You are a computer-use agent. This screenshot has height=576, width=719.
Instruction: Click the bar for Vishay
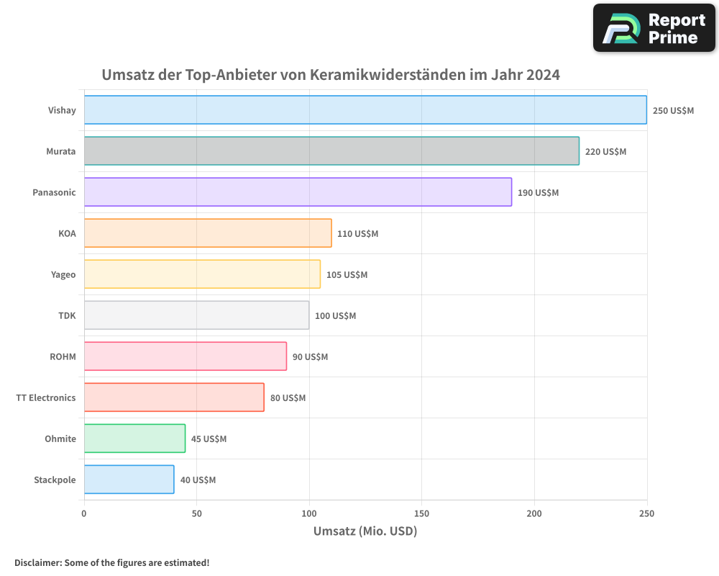(x=365, y=109)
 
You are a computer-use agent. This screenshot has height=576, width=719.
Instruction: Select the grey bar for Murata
(x=331, y=151)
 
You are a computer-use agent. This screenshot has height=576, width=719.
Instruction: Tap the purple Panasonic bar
(x=298, y=192)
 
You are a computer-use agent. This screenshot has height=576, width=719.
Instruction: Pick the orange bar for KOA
(x=208, y=233)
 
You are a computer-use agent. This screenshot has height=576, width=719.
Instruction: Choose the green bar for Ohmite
(x=134, y=438)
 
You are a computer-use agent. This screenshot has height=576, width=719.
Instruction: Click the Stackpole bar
(x=129, y=480)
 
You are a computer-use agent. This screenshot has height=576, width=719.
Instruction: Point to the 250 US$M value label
(x=673, y=111)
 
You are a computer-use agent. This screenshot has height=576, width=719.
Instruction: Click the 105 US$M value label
(x=347, y=275)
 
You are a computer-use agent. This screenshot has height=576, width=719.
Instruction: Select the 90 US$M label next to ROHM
(x=310, y=357)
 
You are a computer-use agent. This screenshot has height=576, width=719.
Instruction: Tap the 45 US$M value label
(x=209, y=439)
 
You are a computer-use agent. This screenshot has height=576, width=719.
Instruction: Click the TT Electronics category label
(x=45, y=397)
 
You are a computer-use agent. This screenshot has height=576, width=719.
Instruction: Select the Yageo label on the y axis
(x=63, y=274)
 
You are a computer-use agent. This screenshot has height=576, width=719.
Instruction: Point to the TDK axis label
(x=67, y=315)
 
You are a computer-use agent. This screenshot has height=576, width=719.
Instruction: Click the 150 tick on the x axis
(x=421, y=513)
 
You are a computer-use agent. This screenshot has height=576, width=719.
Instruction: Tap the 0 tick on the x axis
(x=84, y=513)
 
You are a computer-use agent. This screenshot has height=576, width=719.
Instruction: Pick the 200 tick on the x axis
(x=534, y=513)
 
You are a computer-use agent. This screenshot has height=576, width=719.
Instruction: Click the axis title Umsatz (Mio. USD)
(x=365, y=531)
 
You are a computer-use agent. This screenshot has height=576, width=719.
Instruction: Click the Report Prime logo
(x=654, y=28)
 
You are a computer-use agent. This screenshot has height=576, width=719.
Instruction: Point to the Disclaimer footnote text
(x=111, y=562)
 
